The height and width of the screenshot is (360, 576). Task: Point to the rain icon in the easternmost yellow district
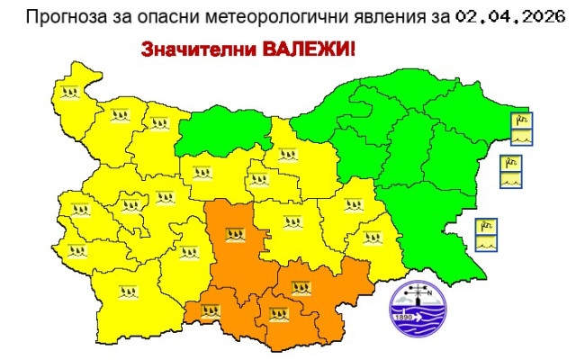pyautogui.click(x=370, y=238)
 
